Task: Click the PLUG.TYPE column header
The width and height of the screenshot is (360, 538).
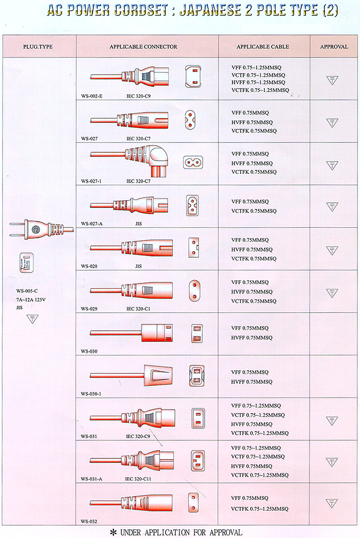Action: click(x=38, y=47)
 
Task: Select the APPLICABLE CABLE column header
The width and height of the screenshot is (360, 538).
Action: click(x=263, y=47)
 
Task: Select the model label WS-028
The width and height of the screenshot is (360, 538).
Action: click(x=89, y=266)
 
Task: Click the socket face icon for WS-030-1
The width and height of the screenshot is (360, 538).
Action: click(x=196, y=376)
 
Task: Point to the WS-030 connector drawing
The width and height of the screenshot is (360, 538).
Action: click(x=132, y=332)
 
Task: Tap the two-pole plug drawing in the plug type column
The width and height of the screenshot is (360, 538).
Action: click(x=41, y=228)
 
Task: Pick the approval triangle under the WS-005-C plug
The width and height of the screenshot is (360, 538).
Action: click(x=32, y=319)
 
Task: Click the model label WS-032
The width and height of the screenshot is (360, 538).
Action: click(x=89, y=521)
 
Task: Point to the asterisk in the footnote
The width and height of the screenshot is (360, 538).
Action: click(x=114, y=532)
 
